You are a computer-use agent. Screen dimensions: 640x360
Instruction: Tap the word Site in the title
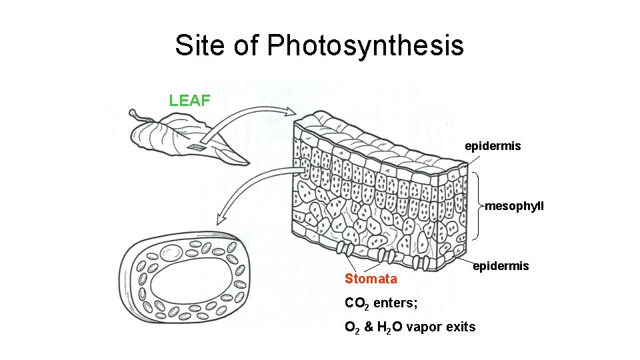click(197, 45)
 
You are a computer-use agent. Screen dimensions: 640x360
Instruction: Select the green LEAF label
click(190, 101)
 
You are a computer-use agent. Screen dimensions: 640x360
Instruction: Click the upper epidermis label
click(493, 145)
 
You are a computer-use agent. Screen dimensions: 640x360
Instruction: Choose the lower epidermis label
click(501, 266)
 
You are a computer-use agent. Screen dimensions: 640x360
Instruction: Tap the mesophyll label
click(514, 206)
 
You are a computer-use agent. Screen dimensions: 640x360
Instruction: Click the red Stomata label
click(371, 279)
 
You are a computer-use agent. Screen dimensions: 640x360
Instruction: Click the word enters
click(395, 303)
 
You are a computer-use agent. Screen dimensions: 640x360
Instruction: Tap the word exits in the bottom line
click(462, 327)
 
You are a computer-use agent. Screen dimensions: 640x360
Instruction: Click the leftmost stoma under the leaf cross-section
click(345, 250)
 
